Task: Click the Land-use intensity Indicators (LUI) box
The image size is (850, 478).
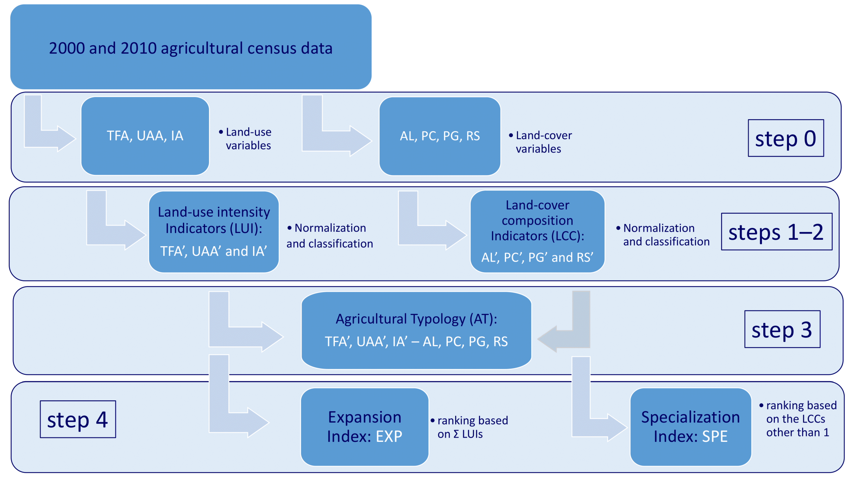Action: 214,232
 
